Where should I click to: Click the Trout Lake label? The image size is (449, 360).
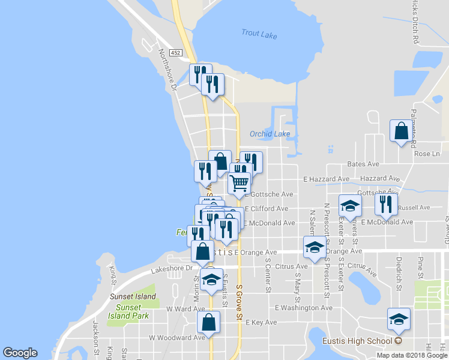[x=259, y=35]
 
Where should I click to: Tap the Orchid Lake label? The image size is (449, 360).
[x=270, y=134]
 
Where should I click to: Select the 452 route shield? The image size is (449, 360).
[x=175, y=53]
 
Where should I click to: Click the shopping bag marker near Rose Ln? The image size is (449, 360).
[x=401, y=131]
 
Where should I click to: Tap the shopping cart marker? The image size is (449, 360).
[x=239, y=182]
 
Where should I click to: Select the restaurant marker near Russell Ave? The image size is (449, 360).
[x=386, y=204]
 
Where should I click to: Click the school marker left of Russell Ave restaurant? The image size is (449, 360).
[x=350, y=206]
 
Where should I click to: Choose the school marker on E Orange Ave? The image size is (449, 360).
[x=314, y=247]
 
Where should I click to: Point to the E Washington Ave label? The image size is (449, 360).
[x=303, y=308]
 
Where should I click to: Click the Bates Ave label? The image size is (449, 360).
[x=363, y=164]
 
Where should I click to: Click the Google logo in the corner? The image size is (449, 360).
[x=20, y=353]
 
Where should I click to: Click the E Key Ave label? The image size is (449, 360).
[x=261, y=322]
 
